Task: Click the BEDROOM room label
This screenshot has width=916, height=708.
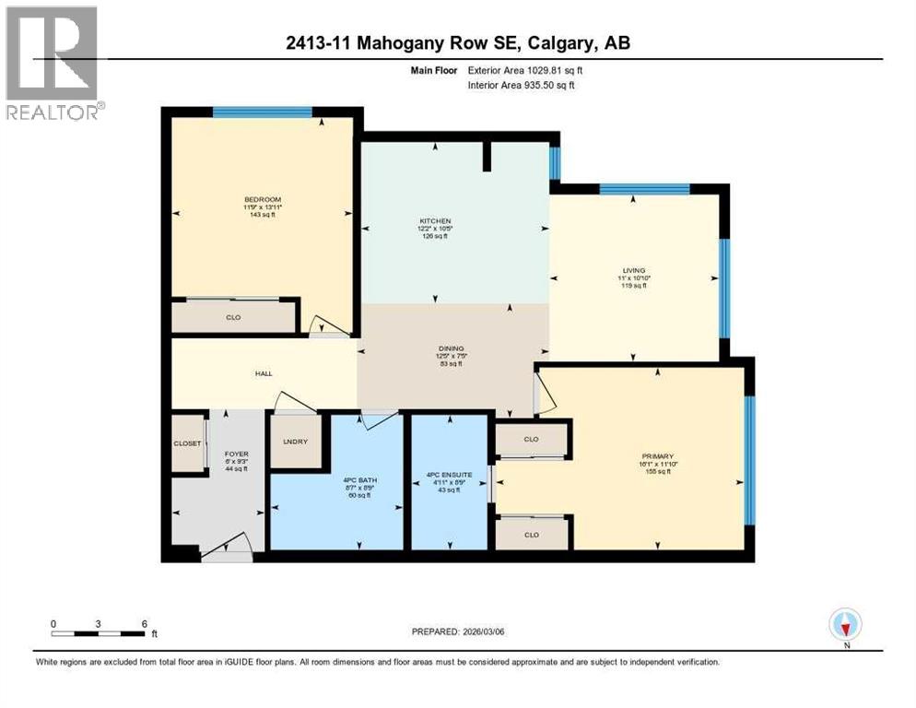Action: pos(263,200)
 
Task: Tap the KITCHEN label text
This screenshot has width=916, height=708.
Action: pos(435,221)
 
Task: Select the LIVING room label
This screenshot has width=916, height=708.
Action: pos(633,270)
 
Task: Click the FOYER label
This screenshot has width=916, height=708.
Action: pos(237,454)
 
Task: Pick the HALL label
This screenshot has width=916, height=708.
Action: pos(264,373)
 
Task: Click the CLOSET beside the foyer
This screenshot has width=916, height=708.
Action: pos(187,443)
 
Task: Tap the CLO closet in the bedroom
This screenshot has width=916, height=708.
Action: pos(234,317)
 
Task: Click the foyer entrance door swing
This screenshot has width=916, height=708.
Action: pos(227,548)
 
